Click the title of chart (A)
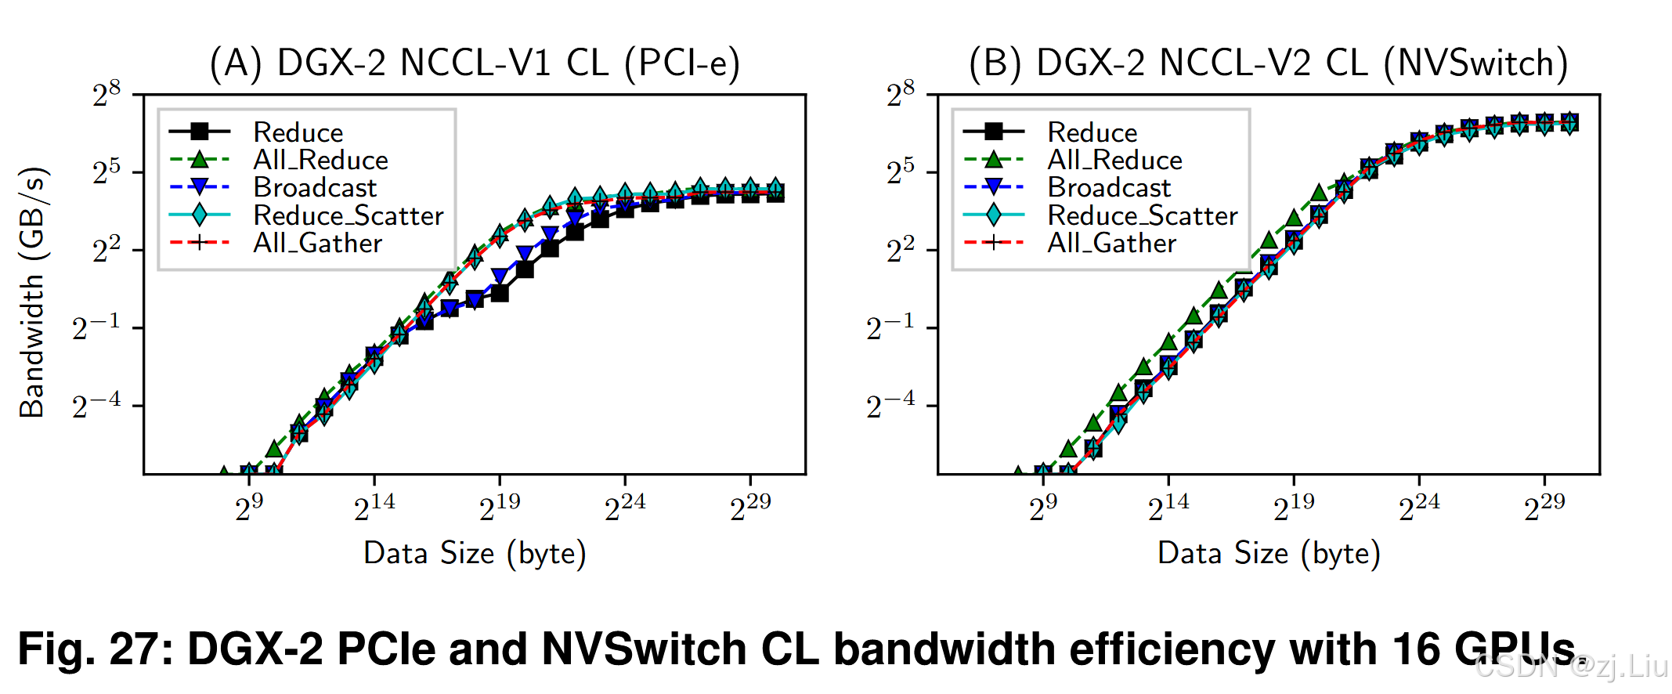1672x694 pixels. click(475, 63)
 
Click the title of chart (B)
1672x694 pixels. click(1269, 63)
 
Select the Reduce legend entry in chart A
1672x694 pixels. click(298, 132)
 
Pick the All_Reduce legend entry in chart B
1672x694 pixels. click(1114, 160)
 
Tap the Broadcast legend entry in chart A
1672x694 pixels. click(315, 188)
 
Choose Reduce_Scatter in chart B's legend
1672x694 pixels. click(1142, 215)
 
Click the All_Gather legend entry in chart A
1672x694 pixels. click(317, 243)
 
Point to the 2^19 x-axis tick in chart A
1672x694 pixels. click(500, 508)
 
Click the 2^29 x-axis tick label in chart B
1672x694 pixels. click(1544, 508)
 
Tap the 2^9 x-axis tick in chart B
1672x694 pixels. click(1042, 508)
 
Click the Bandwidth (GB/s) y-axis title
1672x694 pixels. click(33, 291)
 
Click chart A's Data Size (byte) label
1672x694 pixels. click(475, 553)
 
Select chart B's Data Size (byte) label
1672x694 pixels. click(1269, 553)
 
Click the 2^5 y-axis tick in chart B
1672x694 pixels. click(900, 172)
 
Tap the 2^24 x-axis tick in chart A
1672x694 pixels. click(625, 508)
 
